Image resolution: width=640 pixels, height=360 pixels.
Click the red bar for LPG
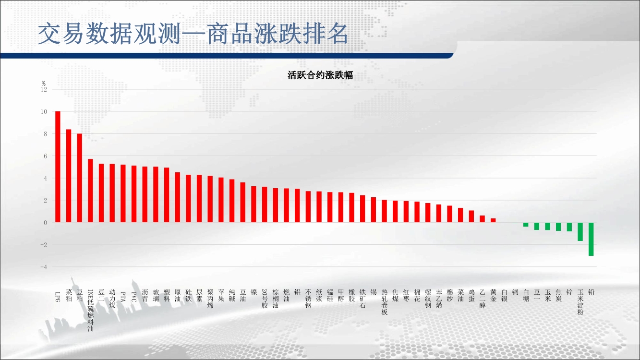58,167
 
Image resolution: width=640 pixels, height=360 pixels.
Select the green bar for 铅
591,239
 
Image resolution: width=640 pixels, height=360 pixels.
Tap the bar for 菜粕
69,176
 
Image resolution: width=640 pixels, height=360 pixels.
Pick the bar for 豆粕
79,178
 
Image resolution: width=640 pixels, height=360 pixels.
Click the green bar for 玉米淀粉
580,232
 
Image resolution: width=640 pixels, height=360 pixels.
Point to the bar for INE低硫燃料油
90,191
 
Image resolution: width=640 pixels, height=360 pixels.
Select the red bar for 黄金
493,220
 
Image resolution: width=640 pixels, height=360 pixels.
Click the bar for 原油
178,197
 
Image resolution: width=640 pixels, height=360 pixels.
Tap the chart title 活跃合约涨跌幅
320,75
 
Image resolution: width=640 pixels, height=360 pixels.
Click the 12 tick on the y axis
44,89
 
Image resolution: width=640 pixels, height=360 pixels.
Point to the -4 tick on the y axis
44,267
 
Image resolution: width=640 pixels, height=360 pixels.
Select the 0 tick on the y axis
46,223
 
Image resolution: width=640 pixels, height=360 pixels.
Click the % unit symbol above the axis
43,84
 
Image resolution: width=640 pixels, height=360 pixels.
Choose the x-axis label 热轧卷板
384,302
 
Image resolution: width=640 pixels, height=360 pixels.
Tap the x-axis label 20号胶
265,299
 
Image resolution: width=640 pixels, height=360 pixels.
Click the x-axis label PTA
123,297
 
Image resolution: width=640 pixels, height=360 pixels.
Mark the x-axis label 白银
504,295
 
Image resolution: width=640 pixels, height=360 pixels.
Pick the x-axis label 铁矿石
362,299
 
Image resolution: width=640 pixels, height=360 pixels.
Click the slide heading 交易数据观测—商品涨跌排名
193,34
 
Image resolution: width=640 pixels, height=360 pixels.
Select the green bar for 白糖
526,225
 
